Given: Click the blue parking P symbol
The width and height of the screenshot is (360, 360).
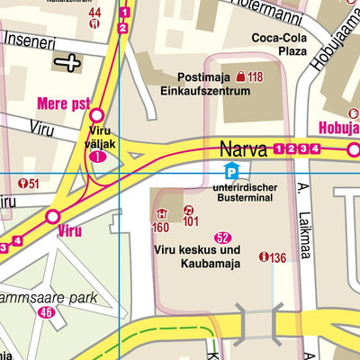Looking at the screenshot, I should coord(232,172).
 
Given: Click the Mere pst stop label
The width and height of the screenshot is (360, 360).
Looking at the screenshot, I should coord(62,102).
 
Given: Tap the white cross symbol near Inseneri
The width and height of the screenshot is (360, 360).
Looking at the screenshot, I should coord(67,62).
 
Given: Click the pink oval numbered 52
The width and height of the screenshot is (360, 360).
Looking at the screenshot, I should coord(223,236).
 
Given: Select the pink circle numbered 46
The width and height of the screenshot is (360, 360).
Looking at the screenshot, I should coord(47,312).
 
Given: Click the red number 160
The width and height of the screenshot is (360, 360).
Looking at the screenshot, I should coord(160,226).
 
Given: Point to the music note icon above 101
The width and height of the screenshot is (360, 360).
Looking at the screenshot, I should coord(189,209).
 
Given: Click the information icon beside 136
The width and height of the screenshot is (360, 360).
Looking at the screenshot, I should coord(263,257).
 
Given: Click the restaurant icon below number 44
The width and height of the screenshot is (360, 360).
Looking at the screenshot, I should coord(94,25).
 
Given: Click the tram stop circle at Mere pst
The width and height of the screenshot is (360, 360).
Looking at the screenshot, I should coord(96,114).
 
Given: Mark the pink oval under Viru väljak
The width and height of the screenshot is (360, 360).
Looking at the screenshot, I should coord(98,157).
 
